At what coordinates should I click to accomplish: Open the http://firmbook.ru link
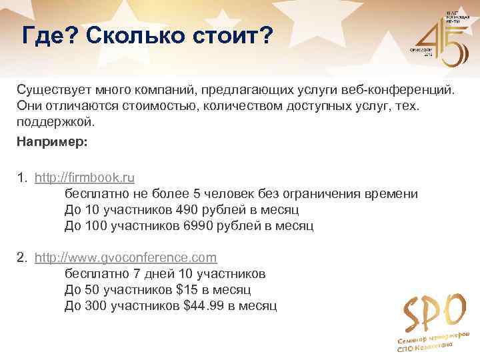tap(85, 178)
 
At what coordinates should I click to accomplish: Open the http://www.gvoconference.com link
tap(125, 257)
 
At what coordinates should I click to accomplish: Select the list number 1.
tap(21, 178)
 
